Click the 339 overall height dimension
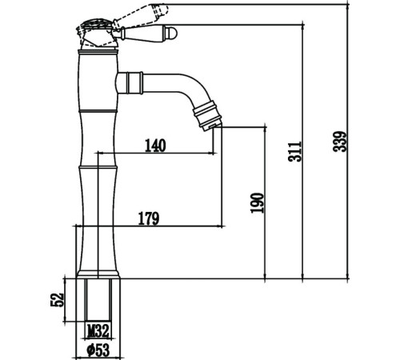coord(340,142)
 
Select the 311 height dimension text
coord(295,151)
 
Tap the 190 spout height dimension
coord(257,202)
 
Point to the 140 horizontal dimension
coord(155,146)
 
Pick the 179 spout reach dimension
coord(149,218)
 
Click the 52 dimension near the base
coord(58,300)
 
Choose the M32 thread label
coord(98,331)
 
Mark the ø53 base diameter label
coord(98,350)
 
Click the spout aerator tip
coord(213,126)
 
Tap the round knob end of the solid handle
coord(172,33)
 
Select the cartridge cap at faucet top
coord(98,34)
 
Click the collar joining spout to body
coord(130,83)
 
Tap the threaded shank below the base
coord(98,300)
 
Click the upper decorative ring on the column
coord(98,110)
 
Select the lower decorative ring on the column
coord(98,167)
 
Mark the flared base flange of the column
coord(98,274)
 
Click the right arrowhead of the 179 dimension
coord(220,226)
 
